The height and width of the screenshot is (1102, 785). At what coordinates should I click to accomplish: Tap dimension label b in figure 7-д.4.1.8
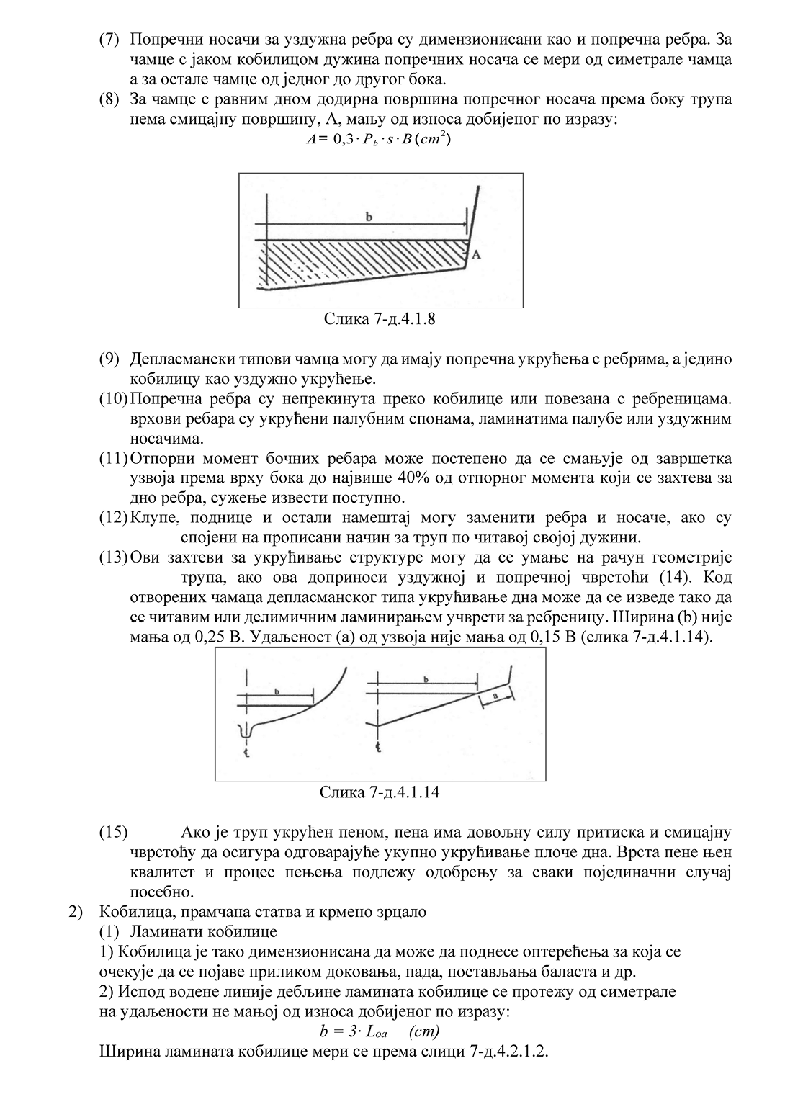[369, 216]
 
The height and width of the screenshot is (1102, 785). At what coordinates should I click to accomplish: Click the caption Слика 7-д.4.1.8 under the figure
[379, 318]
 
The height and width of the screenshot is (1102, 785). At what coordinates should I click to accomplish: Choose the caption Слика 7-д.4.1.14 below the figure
[380, 792]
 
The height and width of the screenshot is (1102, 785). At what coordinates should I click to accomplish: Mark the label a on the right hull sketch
[496, 696]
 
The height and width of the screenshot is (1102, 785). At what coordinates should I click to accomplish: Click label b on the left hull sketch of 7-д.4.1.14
[277, 691]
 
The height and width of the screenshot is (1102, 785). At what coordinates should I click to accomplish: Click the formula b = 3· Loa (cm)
[379, 1031]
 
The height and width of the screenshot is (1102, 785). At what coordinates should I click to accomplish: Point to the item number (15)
[114, 833]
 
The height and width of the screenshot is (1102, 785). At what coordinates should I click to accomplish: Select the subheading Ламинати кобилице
[204, 932]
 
